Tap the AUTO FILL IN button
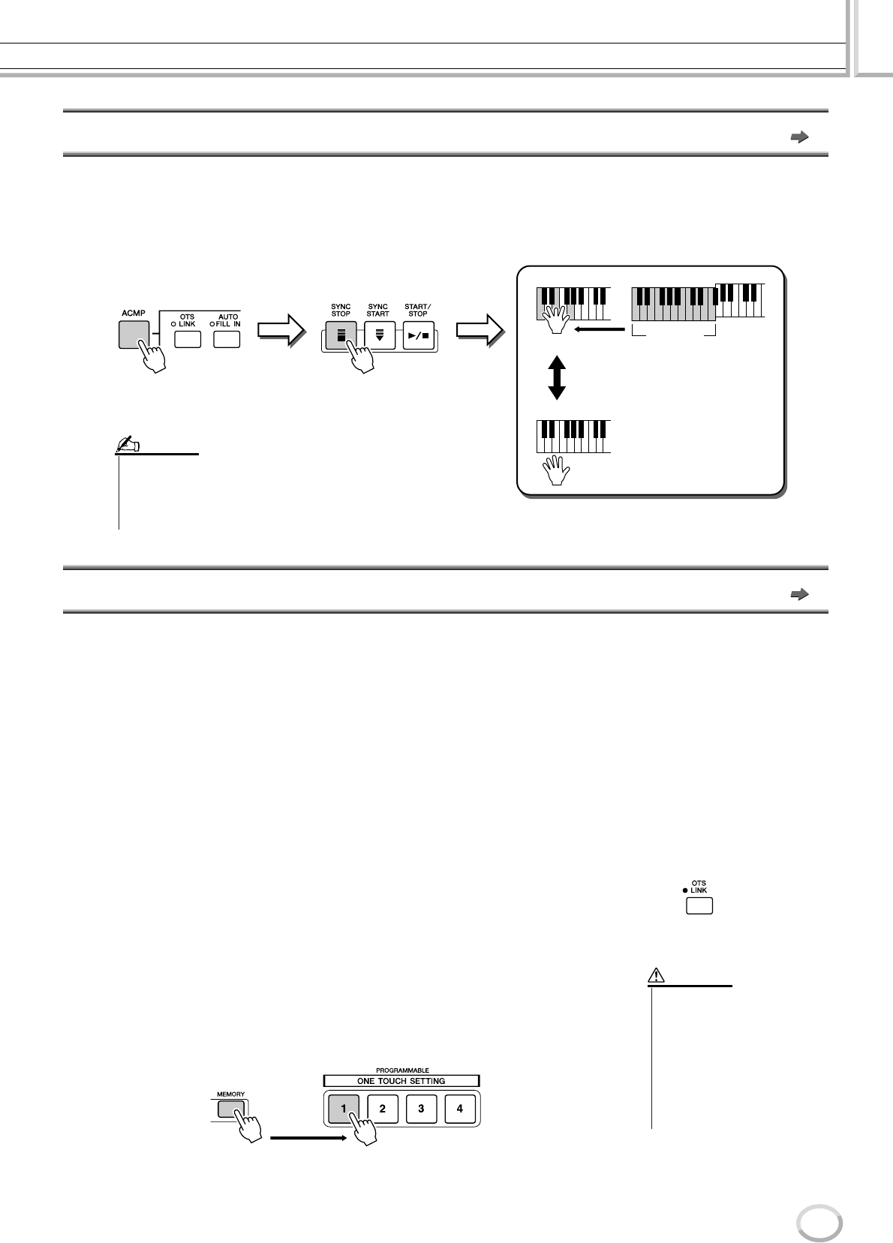point(227,338)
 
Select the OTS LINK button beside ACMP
point(188,338)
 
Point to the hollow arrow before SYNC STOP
point(280,331)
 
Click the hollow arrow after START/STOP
point(480,331)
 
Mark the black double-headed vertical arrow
point(556,377)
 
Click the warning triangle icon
point(656,976)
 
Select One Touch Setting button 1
point(343,1108)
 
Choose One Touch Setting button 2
point(382,1108)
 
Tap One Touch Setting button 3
point(422,1108)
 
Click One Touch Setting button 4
point(460,1108)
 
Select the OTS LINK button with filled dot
point(699,905)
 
